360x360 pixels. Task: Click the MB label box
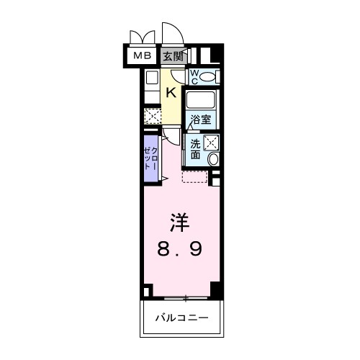pyautogui.click(x=141, y=55)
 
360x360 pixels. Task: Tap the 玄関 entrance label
pyautogui.click(x=171, y=55)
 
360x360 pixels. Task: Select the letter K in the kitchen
pyautogui.click(x=171, y=92)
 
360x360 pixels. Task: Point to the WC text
pyautogui.click(x=193, y=76)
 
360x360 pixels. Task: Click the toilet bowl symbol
pyautogui.click(x=207, y=76)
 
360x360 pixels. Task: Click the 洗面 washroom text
pyautogui.click(x=196, y=148)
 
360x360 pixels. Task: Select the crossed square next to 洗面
pyautogui.click(x=212, y=143)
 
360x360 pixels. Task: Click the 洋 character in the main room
pyautogui.click(x=180, y=222)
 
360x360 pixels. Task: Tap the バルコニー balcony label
pyautogui.click(x=180, y=318)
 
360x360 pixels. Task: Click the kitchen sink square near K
pyautogui.click(x=151, y=79)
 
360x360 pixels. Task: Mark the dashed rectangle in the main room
pyautogui.click(x=194, y=177)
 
